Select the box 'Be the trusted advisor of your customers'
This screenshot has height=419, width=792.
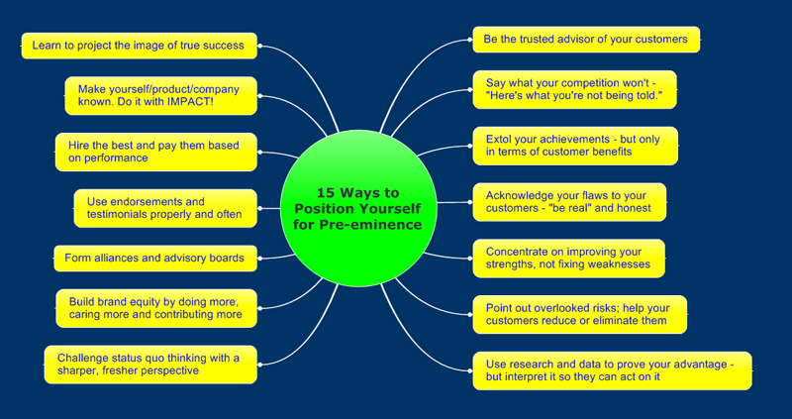pyautogui.click(x=586, y=40)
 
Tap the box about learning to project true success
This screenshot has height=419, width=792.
pyautogui.click(x=139, y=45)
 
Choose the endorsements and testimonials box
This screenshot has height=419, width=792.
pyautogui.click(x=164, y=208)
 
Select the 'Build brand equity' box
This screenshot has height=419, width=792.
pyautogui.click(x=155, y=308)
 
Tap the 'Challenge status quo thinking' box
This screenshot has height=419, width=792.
pyautogui.click(x=150, y=364)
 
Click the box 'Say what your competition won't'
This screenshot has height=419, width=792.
pyautogui.click(x=574, y=89)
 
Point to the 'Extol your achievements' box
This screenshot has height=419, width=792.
pyautogui.click(x=574, y=146)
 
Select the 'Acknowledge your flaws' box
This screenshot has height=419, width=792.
pyautogui.click(x=568, y=202)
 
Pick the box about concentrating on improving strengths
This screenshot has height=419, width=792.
pyautogui.click(x=567, y=259)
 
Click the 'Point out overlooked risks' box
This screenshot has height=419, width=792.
pyautogui.click(x=578, y=314)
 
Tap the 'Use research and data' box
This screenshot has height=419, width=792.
pyautogui.click(x=611, y=370)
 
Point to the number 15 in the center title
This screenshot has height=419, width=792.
pyautogui.click(x=328, y=193)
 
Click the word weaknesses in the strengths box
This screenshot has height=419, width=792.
pyautogui.click(x=619, y=264)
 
